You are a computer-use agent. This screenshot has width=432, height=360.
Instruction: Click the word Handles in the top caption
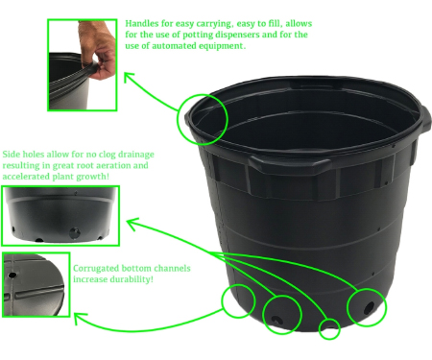click(139, 23)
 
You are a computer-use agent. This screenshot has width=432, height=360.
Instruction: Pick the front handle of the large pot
click(289, 161)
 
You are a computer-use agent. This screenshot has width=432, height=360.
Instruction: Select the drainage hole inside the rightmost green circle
click(370, 308)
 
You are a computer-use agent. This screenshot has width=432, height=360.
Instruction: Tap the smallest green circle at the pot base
click(329, 329)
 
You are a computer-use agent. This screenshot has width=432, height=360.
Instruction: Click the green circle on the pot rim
click(178, 119)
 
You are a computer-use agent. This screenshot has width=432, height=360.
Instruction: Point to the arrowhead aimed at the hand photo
click(128, 76)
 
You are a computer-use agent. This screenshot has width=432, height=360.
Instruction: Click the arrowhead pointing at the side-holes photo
click(131, 223)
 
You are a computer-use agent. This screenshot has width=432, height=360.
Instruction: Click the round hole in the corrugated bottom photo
click(12, 275)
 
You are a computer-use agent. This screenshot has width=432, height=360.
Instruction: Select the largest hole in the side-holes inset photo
click(75, 232)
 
